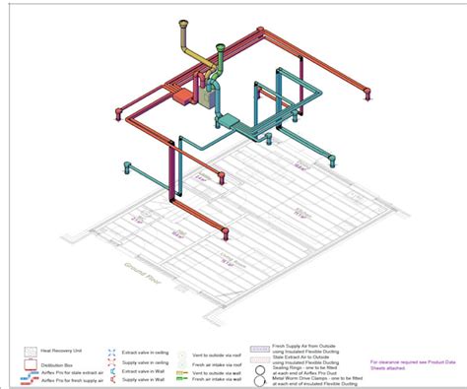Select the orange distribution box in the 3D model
[181, 97]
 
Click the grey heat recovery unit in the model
[208, 94]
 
